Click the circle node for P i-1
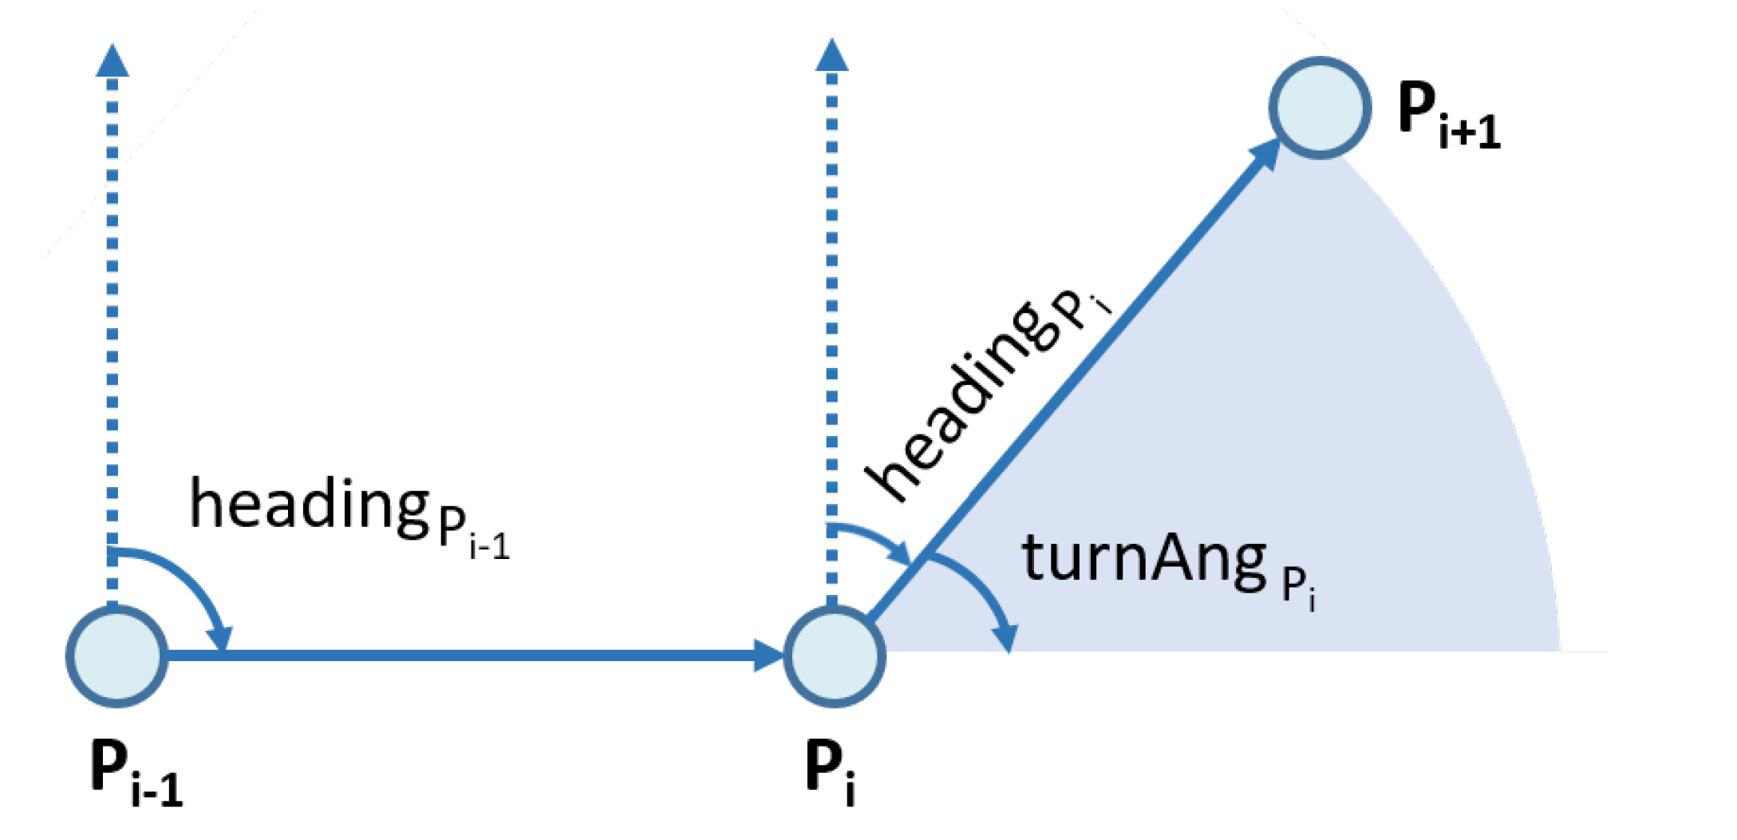116,656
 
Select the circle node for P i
835,656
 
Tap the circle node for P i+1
1320,107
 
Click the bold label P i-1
136,773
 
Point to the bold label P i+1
1448,115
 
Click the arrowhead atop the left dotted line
113,61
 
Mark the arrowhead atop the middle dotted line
832,54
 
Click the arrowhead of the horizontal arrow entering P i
769,656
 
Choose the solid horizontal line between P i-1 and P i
479,656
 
